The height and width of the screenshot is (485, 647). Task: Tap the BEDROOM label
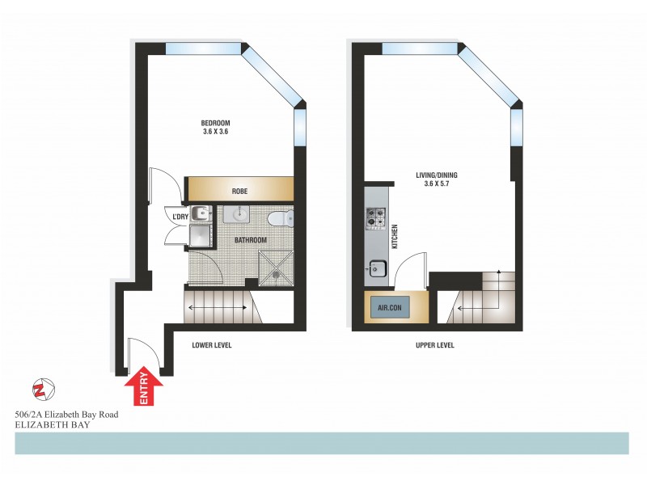pos(216,123)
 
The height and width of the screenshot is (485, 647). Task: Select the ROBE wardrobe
pos(239,191)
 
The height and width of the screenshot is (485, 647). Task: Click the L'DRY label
pos(177,216)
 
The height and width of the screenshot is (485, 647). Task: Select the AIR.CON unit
pos(390,308)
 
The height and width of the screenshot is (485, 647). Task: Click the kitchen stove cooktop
pos(377,217)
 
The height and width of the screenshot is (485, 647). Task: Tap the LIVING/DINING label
pos(440,174)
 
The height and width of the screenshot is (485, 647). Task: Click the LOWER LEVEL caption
pos(212,345)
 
